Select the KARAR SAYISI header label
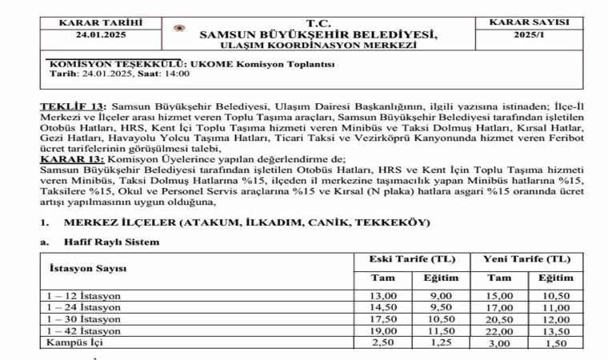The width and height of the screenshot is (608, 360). (535, 22)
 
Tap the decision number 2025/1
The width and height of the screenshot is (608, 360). (535, 35)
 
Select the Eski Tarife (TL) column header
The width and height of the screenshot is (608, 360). (411, 260)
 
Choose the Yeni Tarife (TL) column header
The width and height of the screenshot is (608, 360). (526, 260)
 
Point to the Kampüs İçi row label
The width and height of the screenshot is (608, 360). (75, 343)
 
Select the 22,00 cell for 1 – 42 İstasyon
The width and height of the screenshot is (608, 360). (497, 331)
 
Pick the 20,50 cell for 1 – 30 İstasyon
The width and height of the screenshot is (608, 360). (497, 319)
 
